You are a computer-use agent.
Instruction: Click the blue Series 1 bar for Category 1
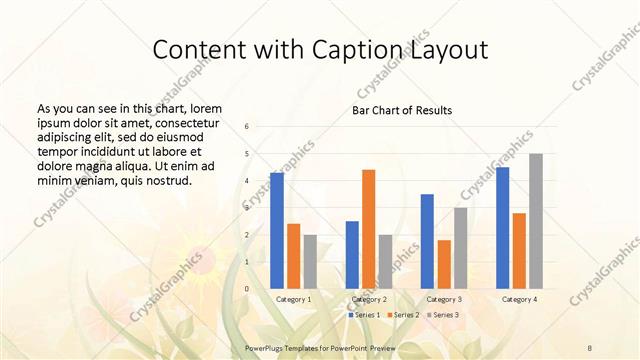[x=276, y=230]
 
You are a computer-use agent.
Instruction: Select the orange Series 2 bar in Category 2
[x=369, y=229]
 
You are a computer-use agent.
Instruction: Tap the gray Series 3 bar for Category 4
[x=536, y=221]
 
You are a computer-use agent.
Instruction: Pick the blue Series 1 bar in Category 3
[x=427, y=241]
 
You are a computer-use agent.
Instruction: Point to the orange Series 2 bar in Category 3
[x=444, y=264]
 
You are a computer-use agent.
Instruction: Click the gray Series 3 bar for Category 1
[x=310, y=261]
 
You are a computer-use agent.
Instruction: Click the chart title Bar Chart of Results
[x=401, y=110]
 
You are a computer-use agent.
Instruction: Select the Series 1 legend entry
[x=364, y=315]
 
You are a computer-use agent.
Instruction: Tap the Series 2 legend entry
[x=402, y=315]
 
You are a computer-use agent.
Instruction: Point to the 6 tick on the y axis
[x=247, y=126]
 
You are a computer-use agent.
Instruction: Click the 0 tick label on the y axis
[x=247, y=288]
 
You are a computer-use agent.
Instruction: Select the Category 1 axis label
[x=293, y=299]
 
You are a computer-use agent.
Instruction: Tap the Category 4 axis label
[x=519, y=299]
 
